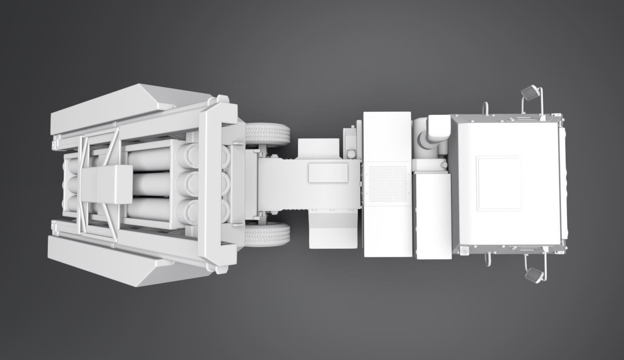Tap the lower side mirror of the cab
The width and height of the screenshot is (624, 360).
535,275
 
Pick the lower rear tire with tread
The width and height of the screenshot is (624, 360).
267,234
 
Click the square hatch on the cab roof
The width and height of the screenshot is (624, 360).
499,183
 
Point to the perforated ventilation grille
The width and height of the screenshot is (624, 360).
388,184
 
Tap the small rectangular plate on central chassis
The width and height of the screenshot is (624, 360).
328,173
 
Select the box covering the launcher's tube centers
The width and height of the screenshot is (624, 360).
107,184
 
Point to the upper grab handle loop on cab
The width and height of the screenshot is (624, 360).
485,108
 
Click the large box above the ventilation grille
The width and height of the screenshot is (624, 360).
387,136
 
